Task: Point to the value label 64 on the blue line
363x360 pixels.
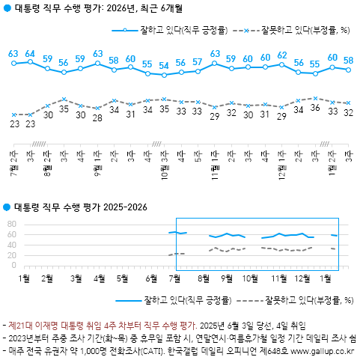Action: pyautogui.click(x=30, y=54)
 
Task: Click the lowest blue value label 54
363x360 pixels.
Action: pyautogui.click(x=164, y=66)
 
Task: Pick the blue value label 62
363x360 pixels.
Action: pyautogui.click(x=282, y=55)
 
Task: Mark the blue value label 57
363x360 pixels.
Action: pyautogui.click(x=198, y=62)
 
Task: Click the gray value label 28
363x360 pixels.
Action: pyautogui.click(x=97, y=118)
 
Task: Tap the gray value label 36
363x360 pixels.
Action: pyautogui.click(x=315, y=108)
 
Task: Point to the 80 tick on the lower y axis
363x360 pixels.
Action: pyautogui.click(x=11, y=223)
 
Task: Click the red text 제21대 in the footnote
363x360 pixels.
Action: pyautogui.click(x=22, y=325)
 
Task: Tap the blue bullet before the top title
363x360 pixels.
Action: pyautogui.click(x=7, y=9)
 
